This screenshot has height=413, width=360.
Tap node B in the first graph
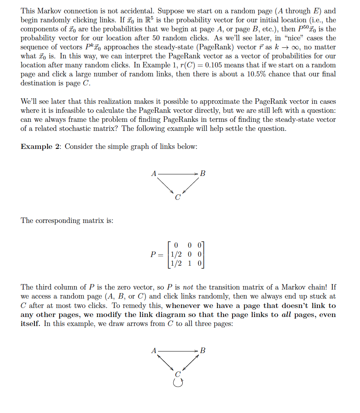coord(203,173)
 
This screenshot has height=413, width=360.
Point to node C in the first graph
coord(178,197)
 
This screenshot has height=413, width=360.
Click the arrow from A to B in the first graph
coord(178,173)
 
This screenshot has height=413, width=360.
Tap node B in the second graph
coord(203,350)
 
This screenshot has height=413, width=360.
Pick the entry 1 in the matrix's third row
coord(189,263)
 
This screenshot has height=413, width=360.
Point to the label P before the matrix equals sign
coord(153,254)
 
